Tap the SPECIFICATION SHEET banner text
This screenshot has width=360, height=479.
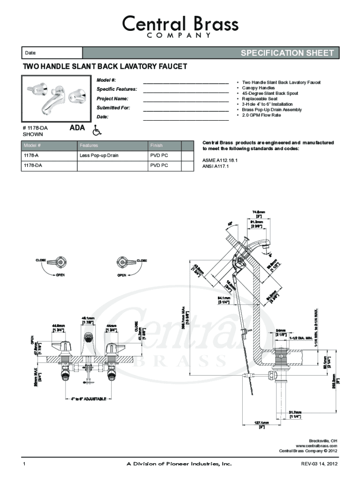coord(287,53)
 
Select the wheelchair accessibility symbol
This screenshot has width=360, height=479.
coord(96,130)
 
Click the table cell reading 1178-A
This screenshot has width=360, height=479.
coord(32,155)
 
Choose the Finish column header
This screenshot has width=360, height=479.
coord(157,145)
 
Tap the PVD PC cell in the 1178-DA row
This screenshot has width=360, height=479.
coord(159,165)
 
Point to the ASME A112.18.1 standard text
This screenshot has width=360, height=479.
coord(220,160)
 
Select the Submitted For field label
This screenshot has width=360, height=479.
coord(113,108)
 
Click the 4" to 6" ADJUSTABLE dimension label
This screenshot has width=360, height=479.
coord(88,399)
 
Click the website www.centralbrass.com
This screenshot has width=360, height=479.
coord(317,446)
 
